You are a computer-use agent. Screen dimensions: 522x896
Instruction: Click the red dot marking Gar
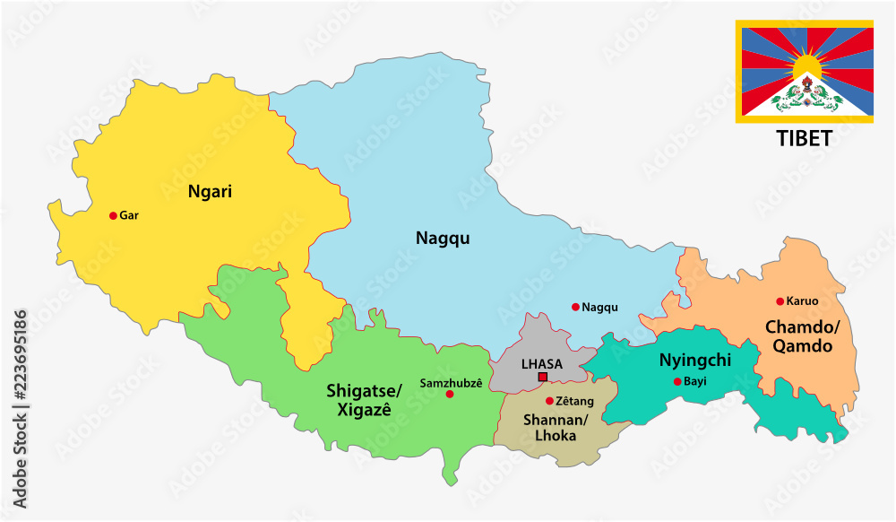[113, 215]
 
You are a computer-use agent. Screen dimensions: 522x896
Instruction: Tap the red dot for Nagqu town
[575, 307]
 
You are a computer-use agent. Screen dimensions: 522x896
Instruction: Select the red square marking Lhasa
[542, 378]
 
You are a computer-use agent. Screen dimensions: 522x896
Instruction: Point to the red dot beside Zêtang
[549, 401]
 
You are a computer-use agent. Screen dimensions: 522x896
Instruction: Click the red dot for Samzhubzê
[449, 394]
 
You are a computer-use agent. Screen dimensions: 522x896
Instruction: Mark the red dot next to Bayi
[676, 382]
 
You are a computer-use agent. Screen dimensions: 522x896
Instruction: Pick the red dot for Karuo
[780, 301]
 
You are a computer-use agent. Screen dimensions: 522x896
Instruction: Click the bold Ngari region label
[211, 190]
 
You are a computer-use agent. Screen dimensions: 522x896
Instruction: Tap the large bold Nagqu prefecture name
[443, 238]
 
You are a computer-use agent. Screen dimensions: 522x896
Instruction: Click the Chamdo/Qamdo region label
[799, 336]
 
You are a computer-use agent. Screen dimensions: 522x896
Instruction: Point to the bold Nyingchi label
[694, 361]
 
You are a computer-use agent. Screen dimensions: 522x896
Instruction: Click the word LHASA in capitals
[542, 364]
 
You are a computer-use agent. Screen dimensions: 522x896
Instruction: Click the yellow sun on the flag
[806, 65]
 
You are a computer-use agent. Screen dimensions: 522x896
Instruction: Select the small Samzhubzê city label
[451, 383]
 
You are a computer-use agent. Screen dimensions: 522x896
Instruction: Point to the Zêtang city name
[574, 401]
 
